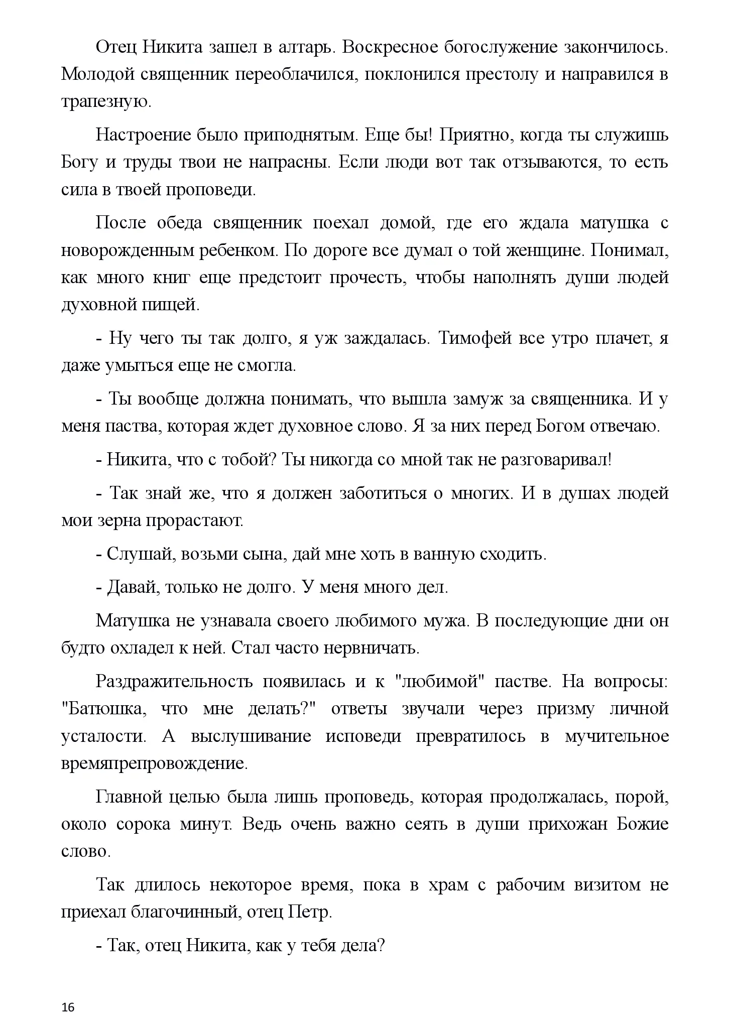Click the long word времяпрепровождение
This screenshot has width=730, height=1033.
(x=154, y=763)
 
